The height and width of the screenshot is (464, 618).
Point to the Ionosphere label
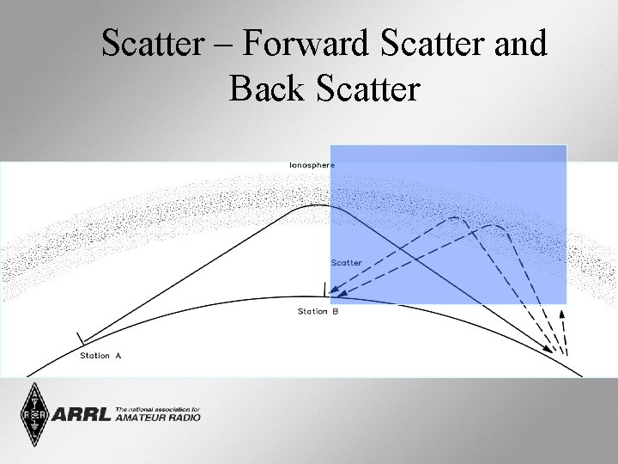(x=312, y=164)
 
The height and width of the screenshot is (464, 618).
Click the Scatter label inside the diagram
(x=347, y=262)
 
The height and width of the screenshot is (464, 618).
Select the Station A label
(x=100, y=356)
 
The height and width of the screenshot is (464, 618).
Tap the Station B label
(x=318, y=311)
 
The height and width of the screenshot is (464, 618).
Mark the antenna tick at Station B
(x=324, y=289)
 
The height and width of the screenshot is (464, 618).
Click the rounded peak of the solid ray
(x=320, y=205)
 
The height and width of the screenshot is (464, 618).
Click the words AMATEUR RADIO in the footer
(x=158, y=418)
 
